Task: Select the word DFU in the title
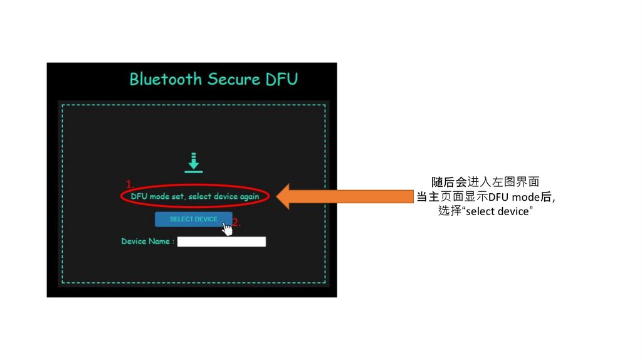pos(281,79)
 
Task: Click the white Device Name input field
pos(221,241)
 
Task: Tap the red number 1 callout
pos(129,184)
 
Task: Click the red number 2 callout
pos(236,223)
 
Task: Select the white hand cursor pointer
pos(227,229)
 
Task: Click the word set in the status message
pos(178,196)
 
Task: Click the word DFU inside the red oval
pos(139,196)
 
